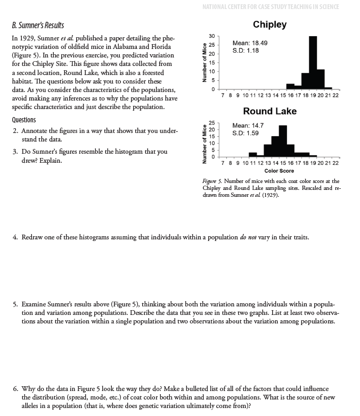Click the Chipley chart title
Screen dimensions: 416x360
click(269, 24)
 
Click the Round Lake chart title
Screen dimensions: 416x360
click(269, 111)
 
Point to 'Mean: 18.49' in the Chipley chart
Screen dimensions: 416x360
click(250, 43)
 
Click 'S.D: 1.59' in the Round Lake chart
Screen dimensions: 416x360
click(246, 133)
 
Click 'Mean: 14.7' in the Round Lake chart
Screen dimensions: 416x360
click(248, 126)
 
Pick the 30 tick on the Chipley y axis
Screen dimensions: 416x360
click(211, 37)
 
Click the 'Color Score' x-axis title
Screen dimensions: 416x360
click(279, 171)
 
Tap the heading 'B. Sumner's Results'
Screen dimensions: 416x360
click(37, 26)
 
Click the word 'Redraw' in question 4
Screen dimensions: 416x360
click(32, 236)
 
